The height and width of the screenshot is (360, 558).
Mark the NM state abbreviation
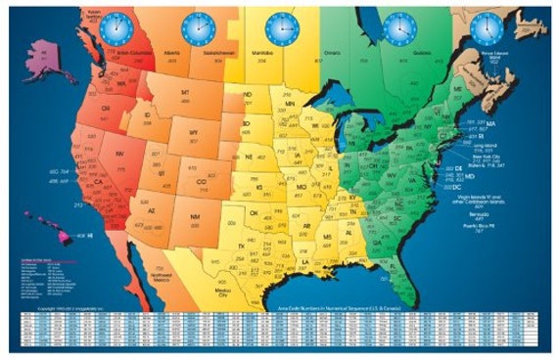pyautogui.click(x=197, y=215)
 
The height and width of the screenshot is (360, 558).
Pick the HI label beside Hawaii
pyautogui.click(x=88, y=237)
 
